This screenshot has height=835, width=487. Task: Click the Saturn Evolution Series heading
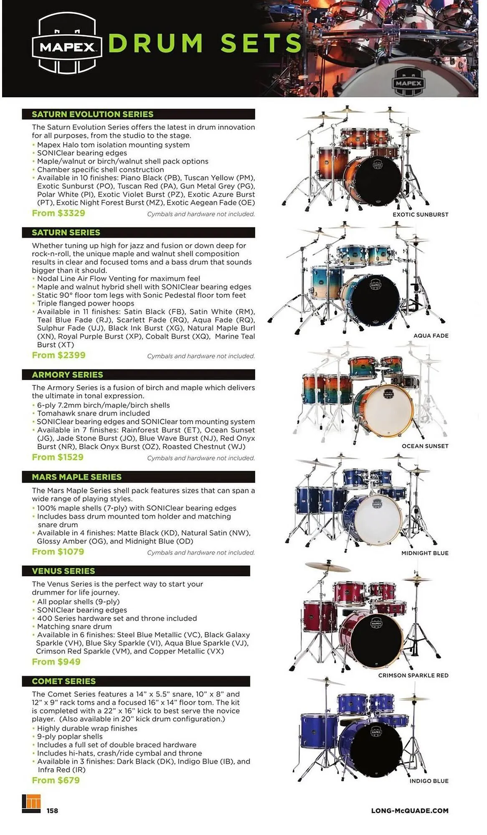(92, 114)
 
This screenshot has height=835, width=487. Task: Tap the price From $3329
(58, 213)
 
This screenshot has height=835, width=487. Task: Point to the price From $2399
(58, 355)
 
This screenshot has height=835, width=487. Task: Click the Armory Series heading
(67, 375)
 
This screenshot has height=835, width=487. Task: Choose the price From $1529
(58, 457)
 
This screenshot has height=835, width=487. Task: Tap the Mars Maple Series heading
(76, 477)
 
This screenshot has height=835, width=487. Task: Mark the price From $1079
(58, 552)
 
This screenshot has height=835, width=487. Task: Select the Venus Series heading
(63, 571)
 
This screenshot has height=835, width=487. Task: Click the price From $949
(56, 662)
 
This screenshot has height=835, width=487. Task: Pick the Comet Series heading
(63, 681)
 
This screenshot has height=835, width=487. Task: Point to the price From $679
(56, 780)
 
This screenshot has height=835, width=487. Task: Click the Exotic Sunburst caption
(420, 215)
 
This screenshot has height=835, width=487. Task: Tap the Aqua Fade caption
(431, 336)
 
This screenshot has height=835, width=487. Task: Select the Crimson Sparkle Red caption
(413, 676)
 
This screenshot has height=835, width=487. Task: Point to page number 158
(52, 811)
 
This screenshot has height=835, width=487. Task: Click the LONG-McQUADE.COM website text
(409, 811)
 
